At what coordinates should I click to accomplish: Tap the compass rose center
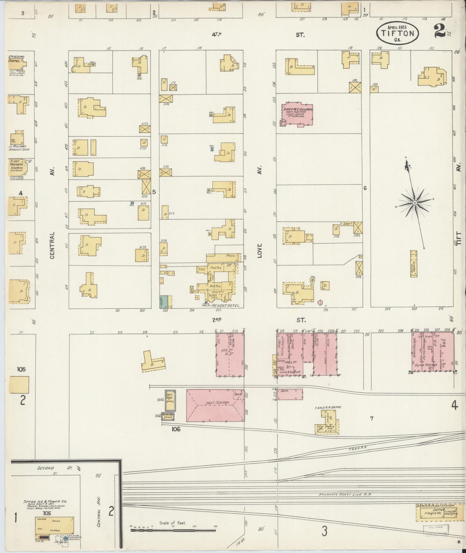(415, 203)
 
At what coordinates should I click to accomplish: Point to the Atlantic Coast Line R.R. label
(345, 503)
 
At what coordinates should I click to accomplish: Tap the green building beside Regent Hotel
(164, 301)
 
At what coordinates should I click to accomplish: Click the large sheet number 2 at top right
(438, 31)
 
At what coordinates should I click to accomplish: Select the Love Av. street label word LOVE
(260, 251)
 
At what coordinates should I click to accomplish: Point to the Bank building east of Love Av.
(290, 394)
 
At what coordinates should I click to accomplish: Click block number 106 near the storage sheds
(176, 429)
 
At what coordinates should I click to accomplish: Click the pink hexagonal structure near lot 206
(320, 302)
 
